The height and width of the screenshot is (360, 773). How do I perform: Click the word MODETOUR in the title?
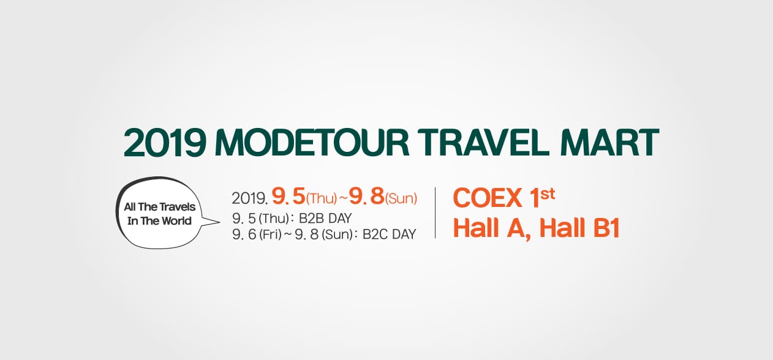(x=312, y=143)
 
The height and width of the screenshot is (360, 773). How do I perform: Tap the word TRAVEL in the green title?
(x=483, y=143)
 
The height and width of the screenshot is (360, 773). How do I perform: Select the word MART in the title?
(x=610, y=143)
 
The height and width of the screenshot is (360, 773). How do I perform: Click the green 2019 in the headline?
(x=165, y=143)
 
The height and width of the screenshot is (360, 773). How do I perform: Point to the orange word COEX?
(x=488, y=198)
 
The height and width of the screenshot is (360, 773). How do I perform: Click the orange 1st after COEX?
(x=543, y=197)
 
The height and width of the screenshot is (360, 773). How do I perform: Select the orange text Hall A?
(x=492, y=228)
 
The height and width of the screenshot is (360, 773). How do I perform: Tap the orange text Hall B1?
(x=579, y=228)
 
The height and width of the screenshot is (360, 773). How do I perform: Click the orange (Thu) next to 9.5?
(x=322, y=198)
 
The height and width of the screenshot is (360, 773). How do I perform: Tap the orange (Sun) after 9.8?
(x=401, y=198)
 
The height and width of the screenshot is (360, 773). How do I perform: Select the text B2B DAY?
(x=325, y=219)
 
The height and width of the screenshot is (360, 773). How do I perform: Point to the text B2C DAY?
(x=390, y=234)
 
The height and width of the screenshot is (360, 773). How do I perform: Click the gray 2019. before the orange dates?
(x=250, y=198)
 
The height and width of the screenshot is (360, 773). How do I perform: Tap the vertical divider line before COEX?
(x=435, y=213)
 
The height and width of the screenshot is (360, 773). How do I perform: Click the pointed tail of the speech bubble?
(x=220, y=222)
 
